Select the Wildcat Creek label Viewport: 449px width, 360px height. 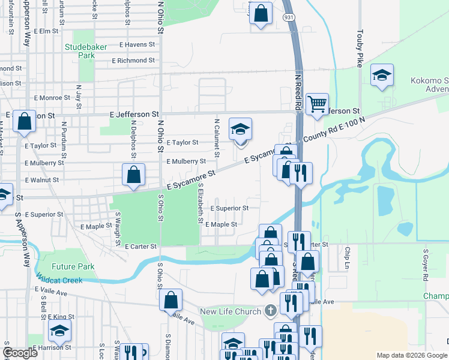pos(58,280)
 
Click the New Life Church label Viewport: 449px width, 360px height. pos(231,311)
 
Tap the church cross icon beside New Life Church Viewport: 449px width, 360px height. pos(271,311)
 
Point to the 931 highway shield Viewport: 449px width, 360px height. pos(289,19)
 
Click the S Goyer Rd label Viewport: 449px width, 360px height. pos(424,265)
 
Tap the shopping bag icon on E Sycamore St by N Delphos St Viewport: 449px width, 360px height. pos(134,175)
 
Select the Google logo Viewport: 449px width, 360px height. pos(20,353)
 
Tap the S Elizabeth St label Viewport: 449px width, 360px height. pos(199,202)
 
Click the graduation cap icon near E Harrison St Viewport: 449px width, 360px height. pos(60,331)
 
